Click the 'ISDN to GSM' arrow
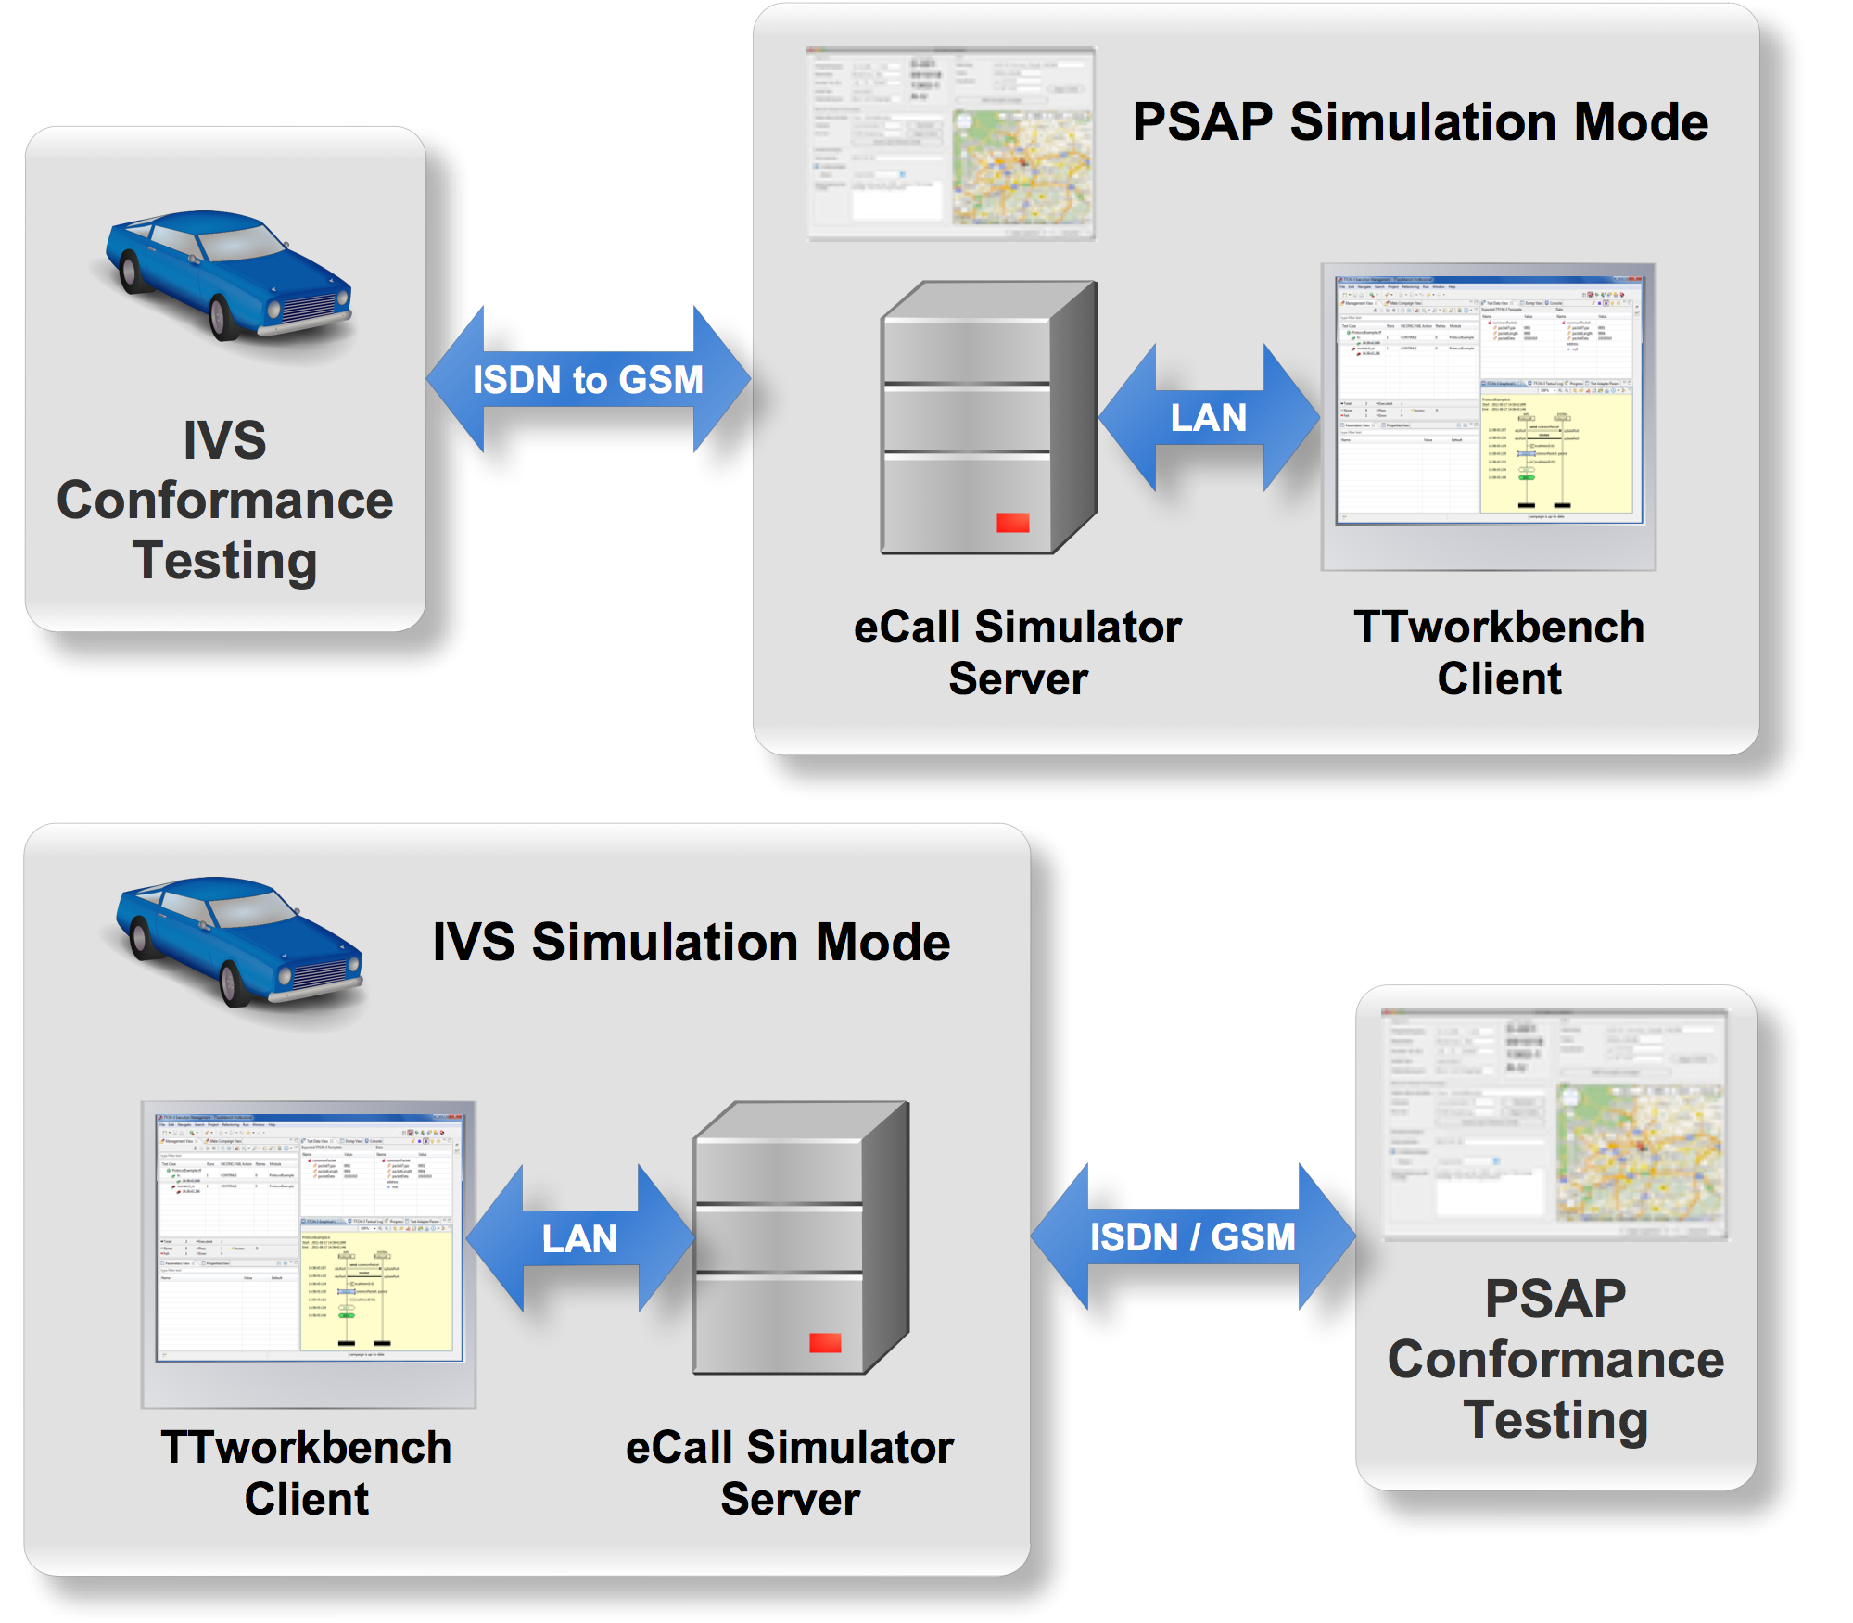click(588, 380)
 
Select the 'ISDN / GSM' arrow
click(1192, 1237)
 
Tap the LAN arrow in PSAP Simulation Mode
click(1208, 418)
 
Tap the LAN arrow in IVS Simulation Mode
click(579, 1239)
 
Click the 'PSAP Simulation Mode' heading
click(1420, 122)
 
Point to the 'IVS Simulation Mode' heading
click(692, 943)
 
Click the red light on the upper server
click(1012, 523)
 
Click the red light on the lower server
click(825, 1343)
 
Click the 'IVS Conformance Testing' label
click(225, 501)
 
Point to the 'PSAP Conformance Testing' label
click(1555, 1359)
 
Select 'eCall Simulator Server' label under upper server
click(1018, 653)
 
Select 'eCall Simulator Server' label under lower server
click(790, 1473)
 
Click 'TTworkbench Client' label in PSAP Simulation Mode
click(1499, 653)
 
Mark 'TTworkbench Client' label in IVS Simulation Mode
click(306, 1473)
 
